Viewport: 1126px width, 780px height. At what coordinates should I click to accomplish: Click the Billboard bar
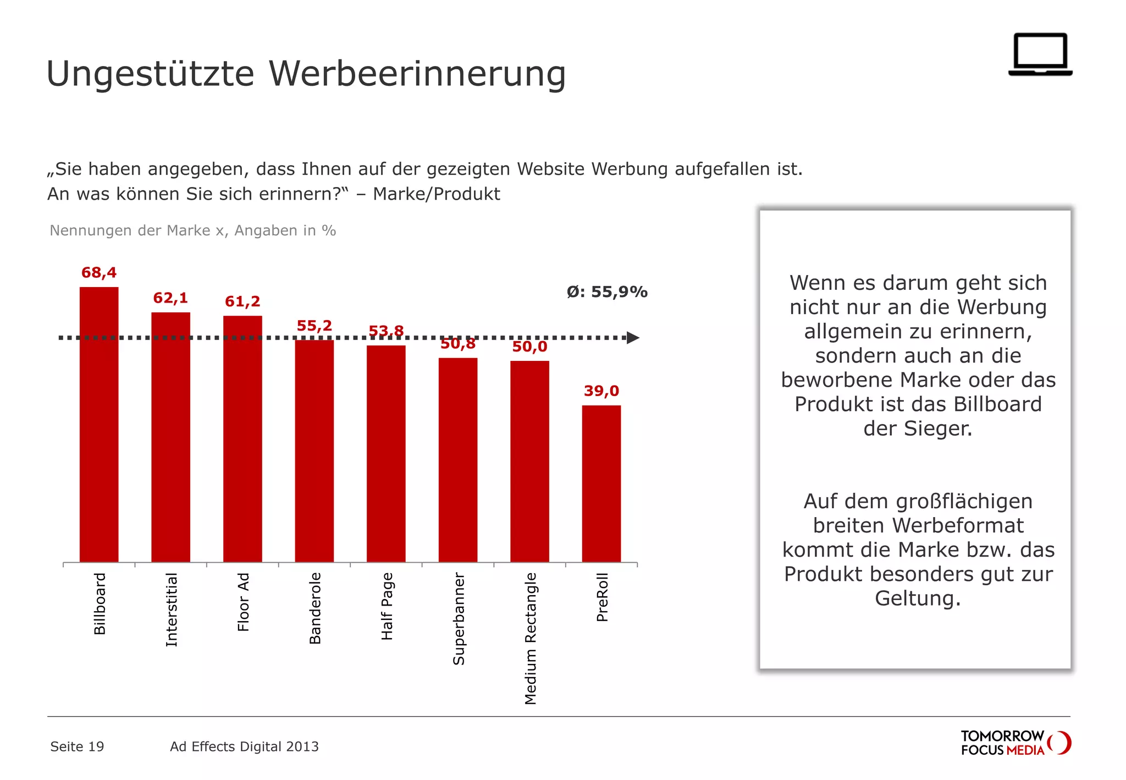(99, 424)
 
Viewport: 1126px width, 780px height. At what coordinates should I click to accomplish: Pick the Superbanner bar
(457, 459)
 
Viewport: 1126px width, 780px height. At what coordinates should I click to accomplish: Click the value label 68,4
(99, 272)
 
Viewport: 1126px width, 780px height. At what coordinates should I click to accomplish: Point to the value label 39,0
(601, 391)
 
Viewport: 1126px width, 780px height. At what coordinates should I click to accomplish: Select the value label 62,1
(170, 298)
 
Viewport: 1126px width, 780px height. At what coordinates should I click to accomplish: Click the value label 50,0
(529, 347)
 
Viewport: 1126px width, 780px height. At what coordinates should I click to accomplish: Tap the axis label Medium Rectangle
(530, 638)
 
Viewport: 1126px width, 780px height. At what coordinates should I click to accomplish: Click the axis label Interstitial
(172, 609)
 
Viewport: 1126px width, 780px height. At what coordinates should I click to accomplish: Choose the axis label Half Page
(387, 606)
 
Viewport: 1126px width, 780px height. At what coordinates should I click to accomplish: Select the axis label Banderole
(315, 608)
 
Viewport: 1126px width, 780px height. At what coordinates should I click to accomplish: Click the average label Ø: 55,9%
(607, 292)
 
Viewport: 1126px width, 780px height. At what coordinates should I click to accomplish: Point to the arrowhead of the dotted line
(633, 338)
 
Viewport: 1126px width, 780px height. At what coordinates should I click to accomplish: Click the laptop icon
(1040, 54)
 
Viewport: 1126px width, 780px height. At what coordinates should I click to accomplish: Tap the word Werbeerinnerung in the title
(417, 73)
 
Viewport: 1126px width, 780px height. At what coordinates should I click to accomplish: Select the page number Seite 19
(77, 746)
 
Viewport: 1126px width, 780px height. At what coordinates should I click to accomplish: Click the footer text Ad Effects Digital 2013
(244, 746)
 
